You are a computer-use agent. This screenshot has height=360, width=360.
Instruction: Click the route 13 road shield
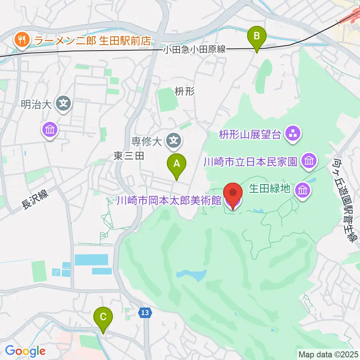145,312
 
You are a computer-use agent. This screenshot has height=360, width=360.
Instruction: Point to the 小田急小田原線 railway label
194,49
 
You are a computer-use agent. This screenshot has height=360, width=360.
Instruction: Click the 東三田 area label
129,157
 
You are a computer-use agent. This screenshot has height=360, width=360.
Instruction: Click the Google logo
25,351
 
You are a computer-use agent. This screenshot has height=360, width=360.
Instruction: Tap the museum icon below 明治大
50,130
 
